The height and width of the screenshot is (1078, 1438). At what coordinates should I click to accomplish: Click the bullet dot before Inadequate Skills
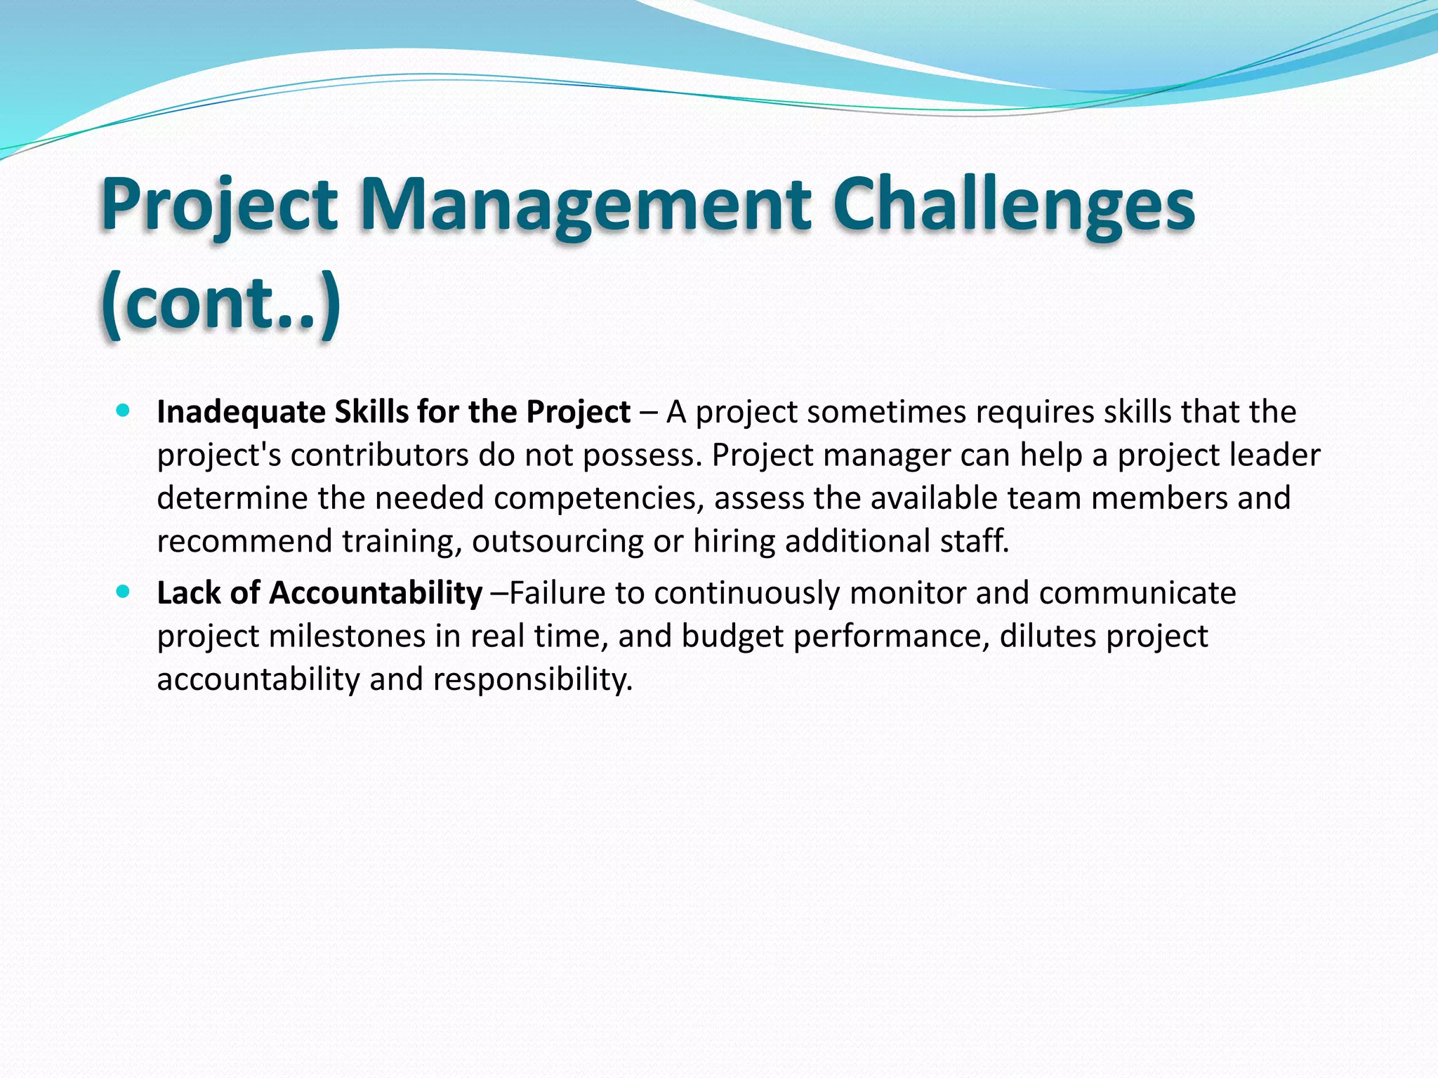tap(124, 411)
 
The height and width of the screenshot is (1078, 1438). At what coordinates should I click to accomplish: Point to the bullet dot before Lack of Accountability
tap(124, 592)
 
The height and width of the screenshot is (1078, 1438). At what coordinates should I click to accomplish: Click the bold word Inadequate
tap(241, 412)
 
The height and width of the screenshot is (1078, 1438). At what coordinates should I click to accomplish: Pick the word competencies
tap(599, 498)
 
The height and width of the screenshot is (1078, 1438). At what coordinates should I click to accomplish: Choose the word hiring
tap(734, 542)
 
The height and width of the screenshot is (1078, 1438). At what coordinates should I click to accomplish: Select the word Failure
tap(557, 593)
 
